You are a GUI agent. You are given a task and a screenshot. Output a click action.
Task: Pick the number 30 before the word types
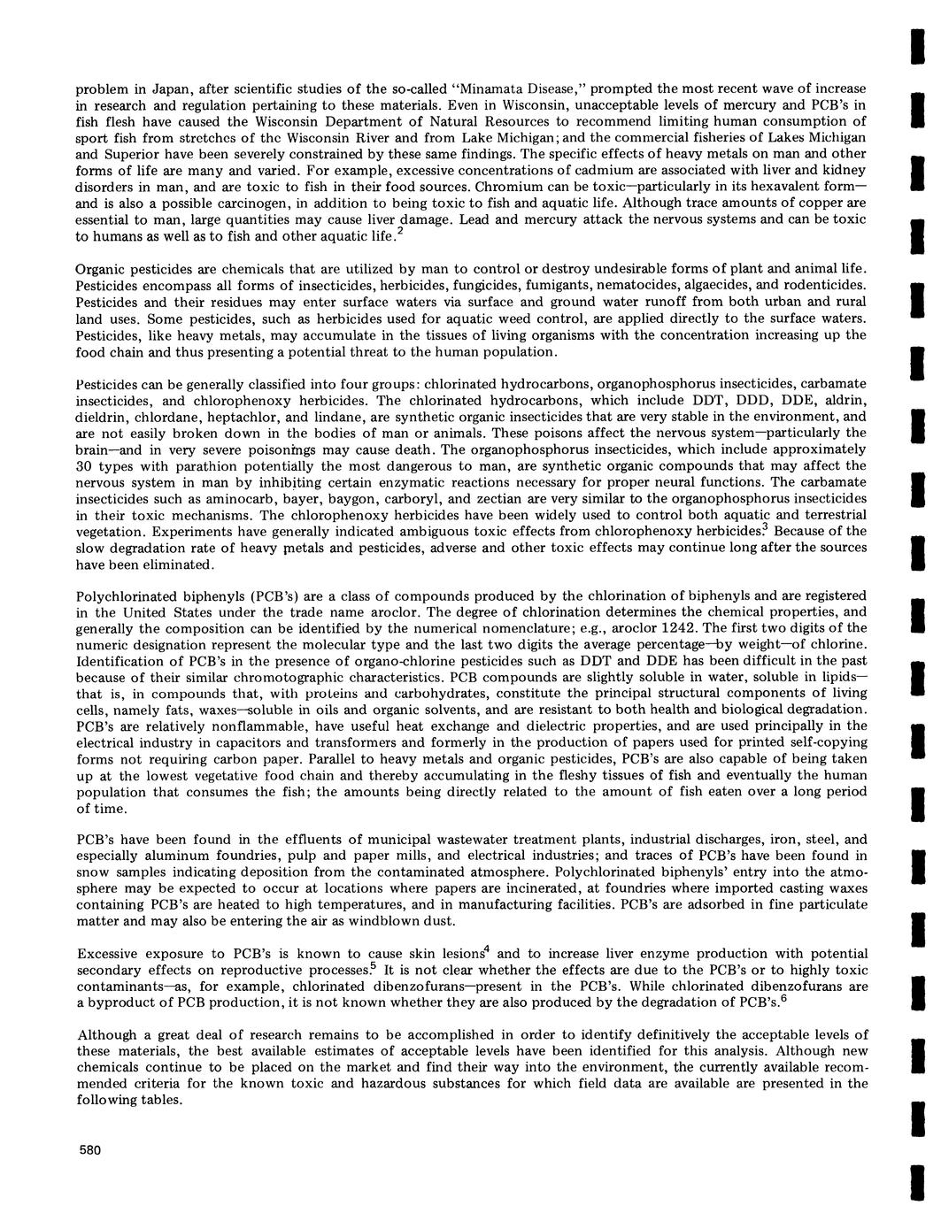[x=85, y=465]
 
